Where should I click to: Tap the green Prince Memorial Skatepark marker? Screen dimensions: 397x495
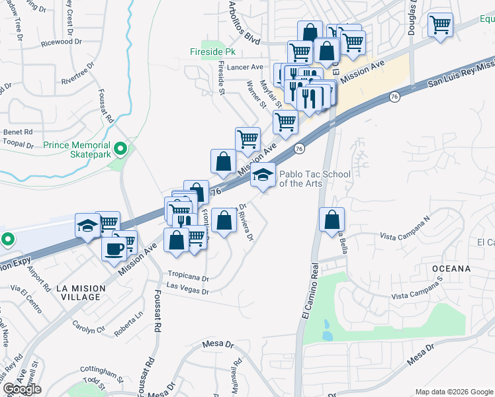click(x=120, y=148)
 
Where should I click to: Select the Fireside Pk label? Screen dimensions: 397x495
click(x=212, y=50)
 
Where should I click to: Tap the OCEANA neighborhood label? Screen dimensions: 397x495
click(x=452, y=269)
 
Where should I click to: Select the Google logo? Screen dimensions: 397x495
click(x=21, y=389)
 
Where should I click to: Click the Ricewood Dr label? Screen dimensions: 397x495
click(x=61, y=41)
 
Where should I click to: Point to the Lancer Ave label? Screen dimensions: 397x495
click(x=245, y=67)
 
